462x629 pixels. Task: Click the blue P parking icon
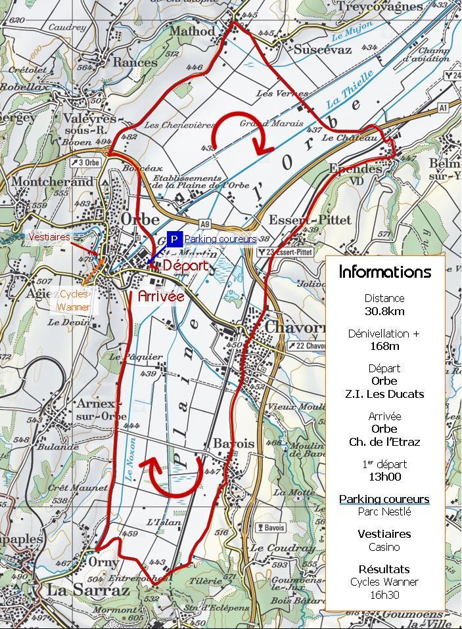click(x=174, y=239)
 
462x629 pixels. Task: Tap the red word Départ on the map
click(x=185, y=266)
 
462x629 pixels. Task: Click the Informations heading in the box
click(x=385, y=272)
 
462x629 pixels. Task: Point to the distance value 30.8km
click(x=385, y=311)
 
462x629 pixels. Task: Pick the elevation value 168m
click(x=385, y=346)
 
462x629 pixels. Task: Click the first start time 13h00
click(x=385, y=477)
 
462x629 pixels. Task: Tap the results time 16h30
click(x=385, y=595)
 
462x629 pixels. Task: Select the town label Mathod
click(x=192, y=31)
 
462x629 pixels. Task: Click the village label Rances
click(x=135, y=62)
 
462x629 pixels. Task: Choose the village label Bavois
click(x=233, y=444)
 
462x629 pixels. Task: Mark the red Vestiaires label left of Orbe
click(x=49, y=236)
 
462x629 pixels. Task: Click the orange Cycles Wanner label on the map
click(x=74, y=301)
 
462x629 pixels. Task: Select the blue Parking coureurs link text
click(x=220, y=239)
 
